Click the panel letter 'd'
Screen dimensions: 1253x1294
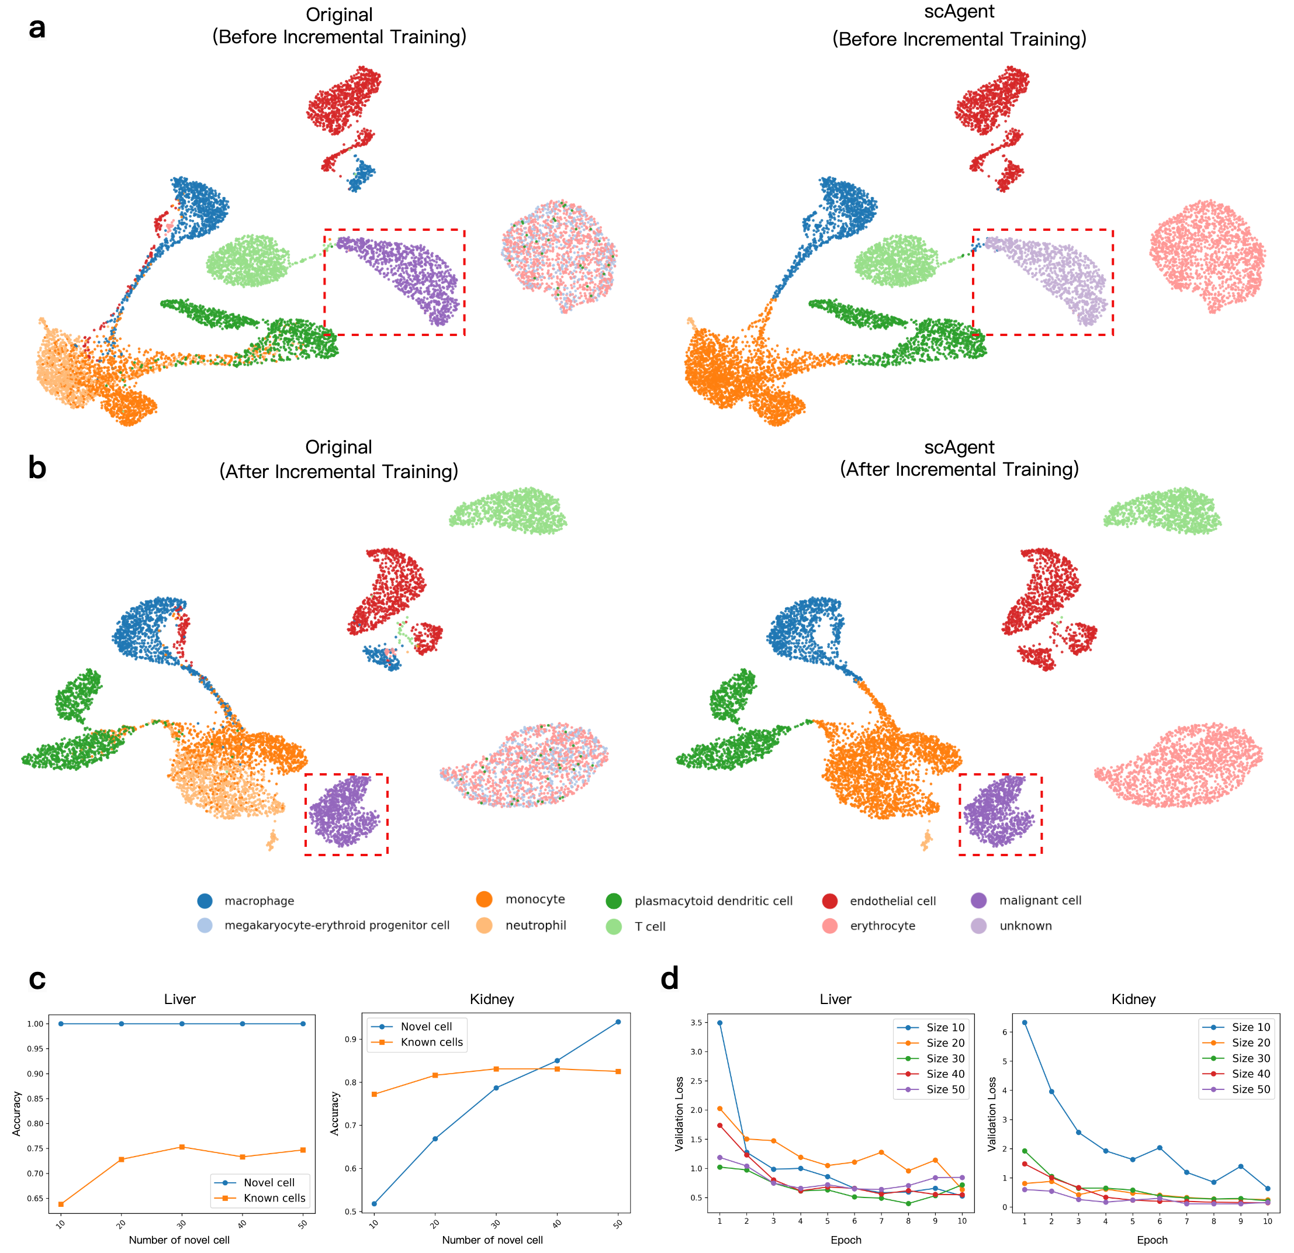tap(669, 978)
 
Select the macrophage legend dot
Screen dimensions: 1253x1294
tap(205, 901)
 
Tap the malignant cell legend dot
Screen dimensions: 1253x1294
tap(978, 901)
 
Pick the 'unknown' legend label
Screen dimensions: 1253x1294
tap(1025, 926)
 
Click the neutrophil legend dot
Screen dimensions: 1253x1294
tap(484, 926)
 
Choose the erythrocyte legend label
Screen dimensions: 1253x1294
tap(882, 926)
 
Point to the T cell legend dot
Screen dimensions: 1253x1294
tap(614, 926)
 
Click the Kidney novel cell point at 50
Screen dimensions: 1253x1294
tap(618, 1022)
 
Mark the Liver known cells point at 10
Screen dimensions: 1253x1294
tap(61, 1204)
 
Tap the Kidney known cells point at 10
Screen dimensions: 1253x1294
tap(374, 1094)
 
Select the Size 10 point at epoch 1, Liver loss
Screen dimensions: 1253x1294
tap(719, 1023)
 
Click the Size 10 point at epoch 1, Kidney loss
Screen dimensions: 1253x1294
tap(1025, 1023)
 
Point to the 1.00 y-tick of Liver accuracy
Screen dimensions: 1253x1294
tap(34, 1024)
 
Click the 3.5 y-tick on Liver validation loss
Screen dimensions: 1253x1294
tap(696, 1023)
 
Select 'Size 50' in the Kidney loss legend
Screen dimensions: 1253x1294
tap(1250, 1089)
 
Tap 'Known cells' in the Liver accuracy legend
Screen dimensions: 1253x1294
tap(274, 1197)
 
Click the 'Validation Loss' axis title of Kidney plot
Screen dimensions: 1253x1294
tap(992, 1114)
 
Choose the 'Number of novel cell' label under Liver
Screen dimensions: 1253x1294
tap(179, 1240)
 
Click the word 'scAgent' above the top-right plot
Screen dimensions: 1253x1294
tap(959, 12)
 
